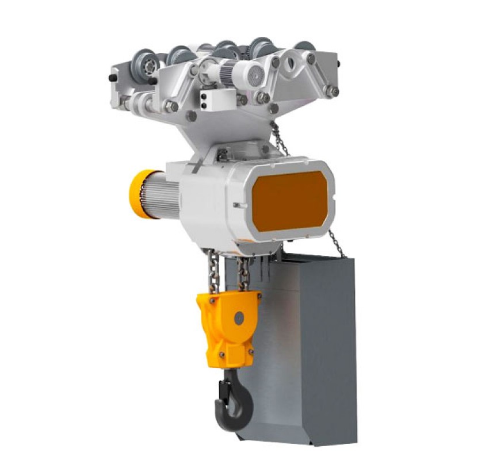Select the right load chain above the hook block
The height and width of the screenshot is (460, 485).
tap(243, 274)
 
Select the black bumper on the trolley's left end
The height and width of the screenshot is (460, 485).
tap(112, 78)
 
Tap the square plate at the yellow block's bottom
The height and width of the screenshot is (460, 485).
tap(232, 352)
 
